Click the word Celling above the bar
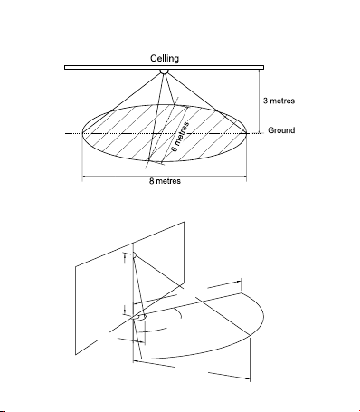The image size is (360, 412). click(x=165, y=59)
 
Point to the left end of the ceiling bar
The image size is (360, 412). click(x=65, y=68)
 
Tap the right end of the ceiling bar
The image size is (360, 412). click(x=264, y=68)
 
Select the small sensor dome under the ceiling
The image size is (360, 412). click(x=164, y=72)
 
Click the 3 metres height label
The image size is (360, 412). click(x=279, y=101)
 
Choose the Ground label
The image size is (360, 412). click(x=281, y=130)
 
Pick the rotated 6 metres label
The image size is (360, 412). click(x=180, y=137)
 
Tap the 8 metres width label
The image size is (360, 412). click(x=165, y=181)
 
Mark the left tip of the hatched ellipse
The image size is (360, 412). click(x=82, y=133)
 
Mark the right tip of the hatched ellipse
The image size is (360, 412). click(x=247, y=133)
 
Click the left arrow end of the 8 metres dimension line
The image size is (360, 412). click(x=82, y=176)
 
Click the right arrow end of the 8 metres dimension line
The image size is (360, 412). click(x=246, y=176)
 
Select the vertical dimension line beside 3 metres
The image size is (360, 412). click(x=260, y=101)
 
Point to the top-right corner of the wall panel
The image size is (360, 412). click(x=184, y=222)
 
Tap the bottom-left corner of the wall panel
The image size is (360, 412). click(x=75, y=354)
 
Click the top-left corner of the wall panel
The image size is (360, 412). click(x=75, y=267)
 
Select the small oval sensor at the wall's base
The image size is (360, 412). click(x=139, y=318)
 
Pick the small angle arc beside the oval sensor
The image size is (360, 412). click(x=180, y=313)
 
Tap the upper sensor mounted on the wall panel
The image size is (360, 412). click(x=135, y=255)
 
